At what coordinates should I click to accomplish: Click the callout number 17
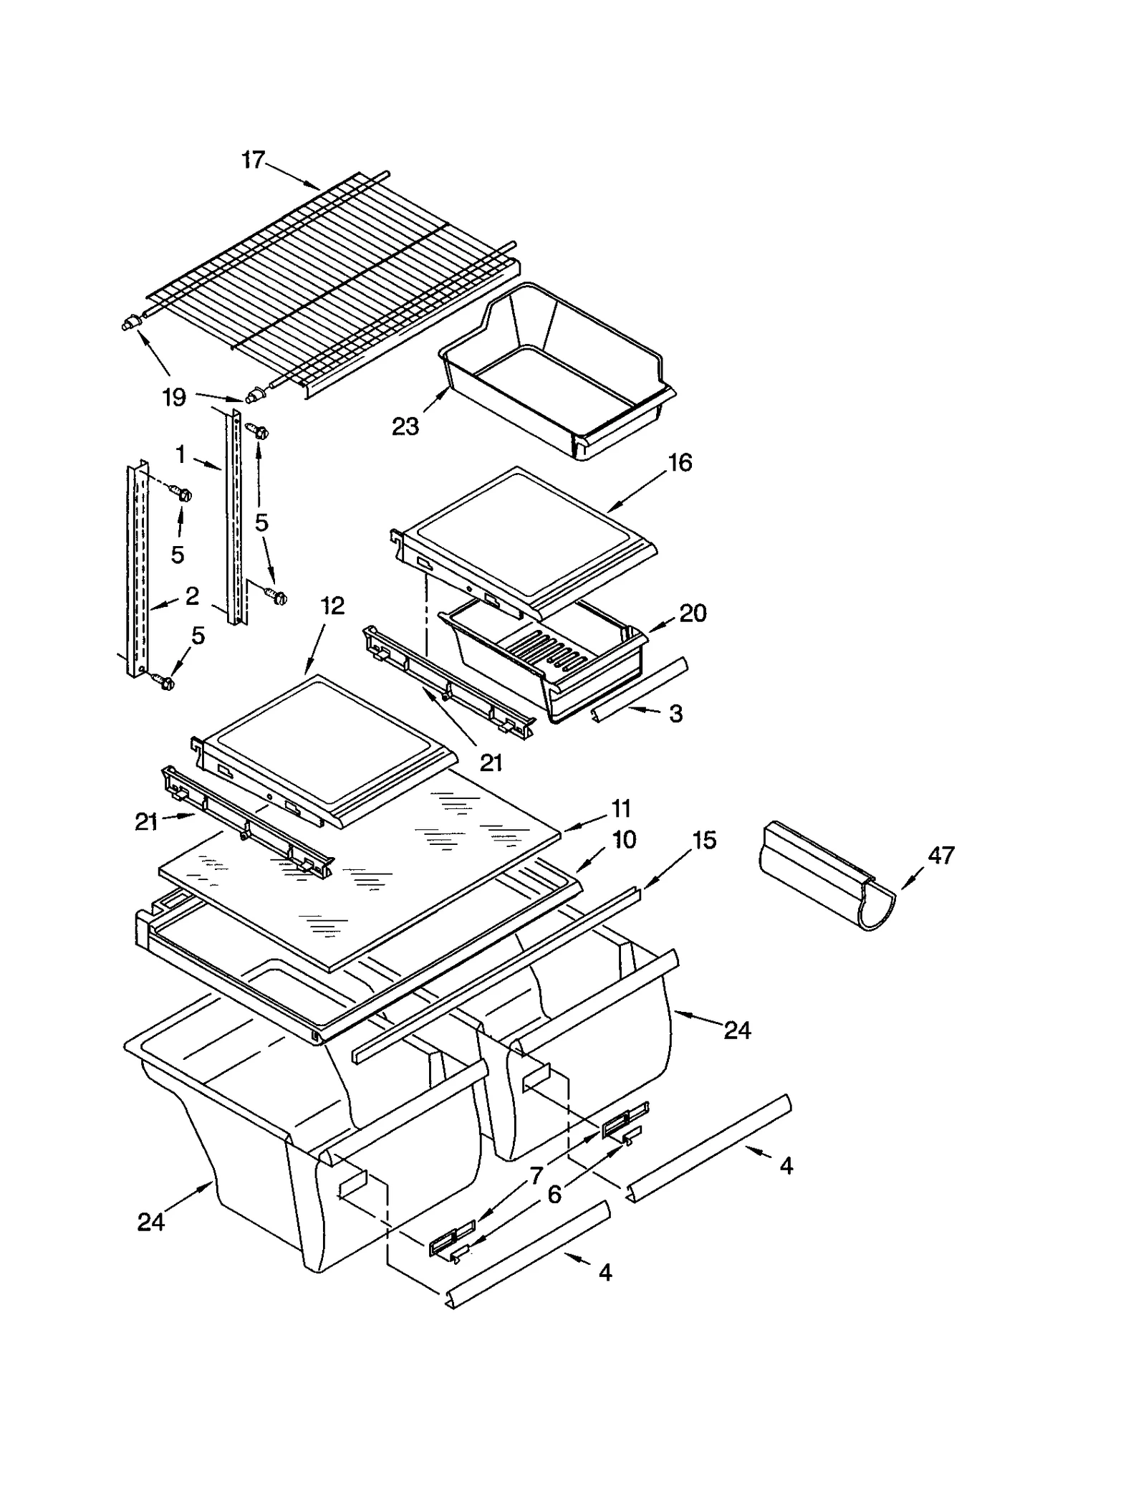point(253,159)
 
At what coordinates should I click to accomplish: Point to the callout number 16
point(680,462)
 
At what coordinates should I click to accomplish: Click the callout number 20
point(692,613)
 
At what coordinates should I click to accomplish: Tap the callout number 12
point(332,606)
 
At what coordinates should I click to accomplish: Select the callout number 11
point(620,808)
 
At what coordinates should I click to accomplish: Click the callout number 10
point(624,839)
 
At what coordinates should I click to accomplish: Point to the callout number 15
point(704,840)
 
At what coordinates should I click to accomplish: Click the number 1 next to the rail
point(180,454)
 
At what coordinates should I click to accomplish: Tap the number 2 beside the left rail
point(191,596)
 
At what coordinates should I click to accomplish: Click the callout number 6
point(554,1194)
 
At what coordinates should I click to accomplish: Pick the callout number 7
point(536,1175)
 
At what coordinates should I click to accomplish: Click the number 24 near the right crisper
point(737,1030)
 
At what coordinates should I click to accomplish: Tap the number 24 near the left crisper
point(151,1222)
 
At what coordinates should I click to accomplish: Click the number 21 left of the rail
point(146,822)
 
